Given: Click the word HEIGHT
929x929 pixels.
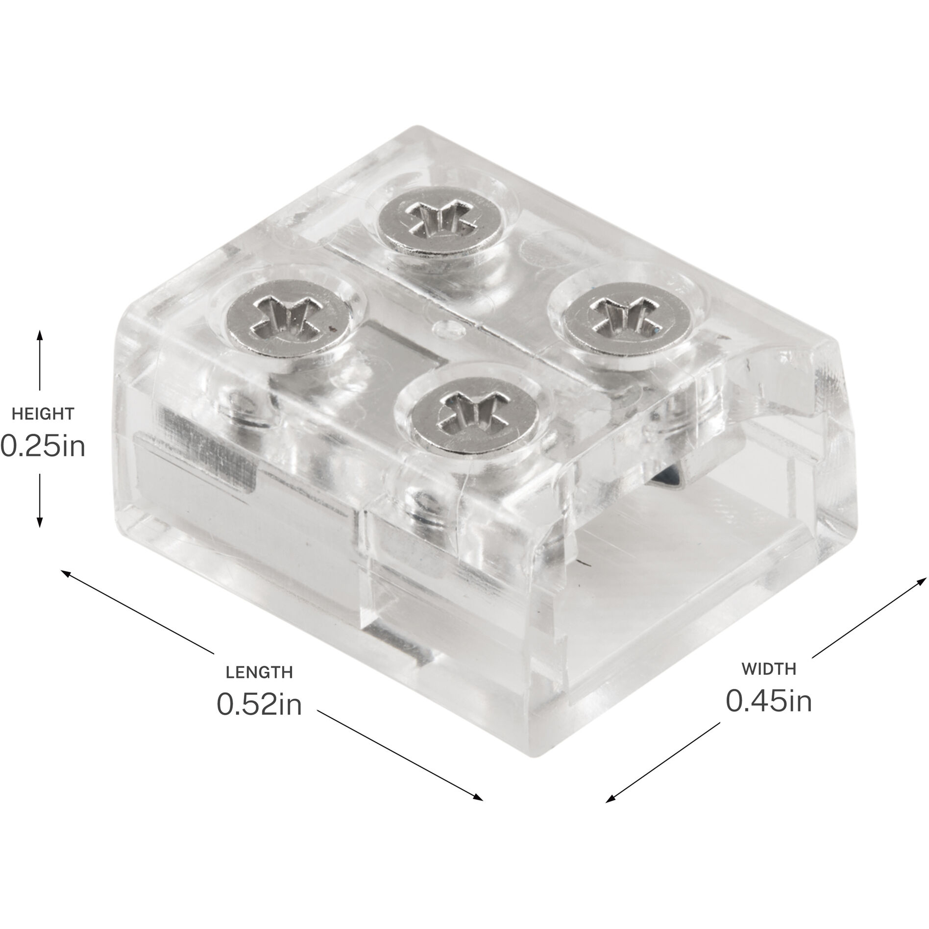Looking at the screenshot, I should coord(43,414).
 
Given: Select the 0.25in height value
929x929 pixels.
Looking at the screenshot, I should coord(43,446).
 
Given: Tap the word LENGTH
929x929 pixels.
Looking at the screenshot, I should coord(259,672).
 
